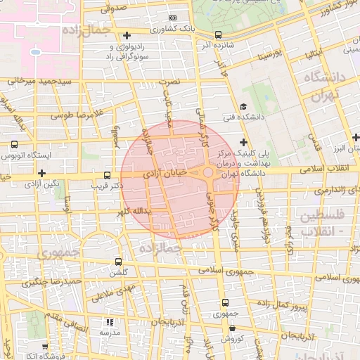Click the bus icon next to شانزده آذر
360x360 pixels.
click(218, 34)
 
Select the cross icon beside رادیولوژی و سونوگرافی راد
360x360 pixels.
click(127, 34)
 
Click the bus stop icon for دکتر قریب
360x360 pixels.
click(107, 175)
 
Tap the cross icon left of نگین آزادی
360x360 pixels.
click(42, 172)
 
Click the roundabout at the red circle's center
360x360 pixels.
click(209, 172)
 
